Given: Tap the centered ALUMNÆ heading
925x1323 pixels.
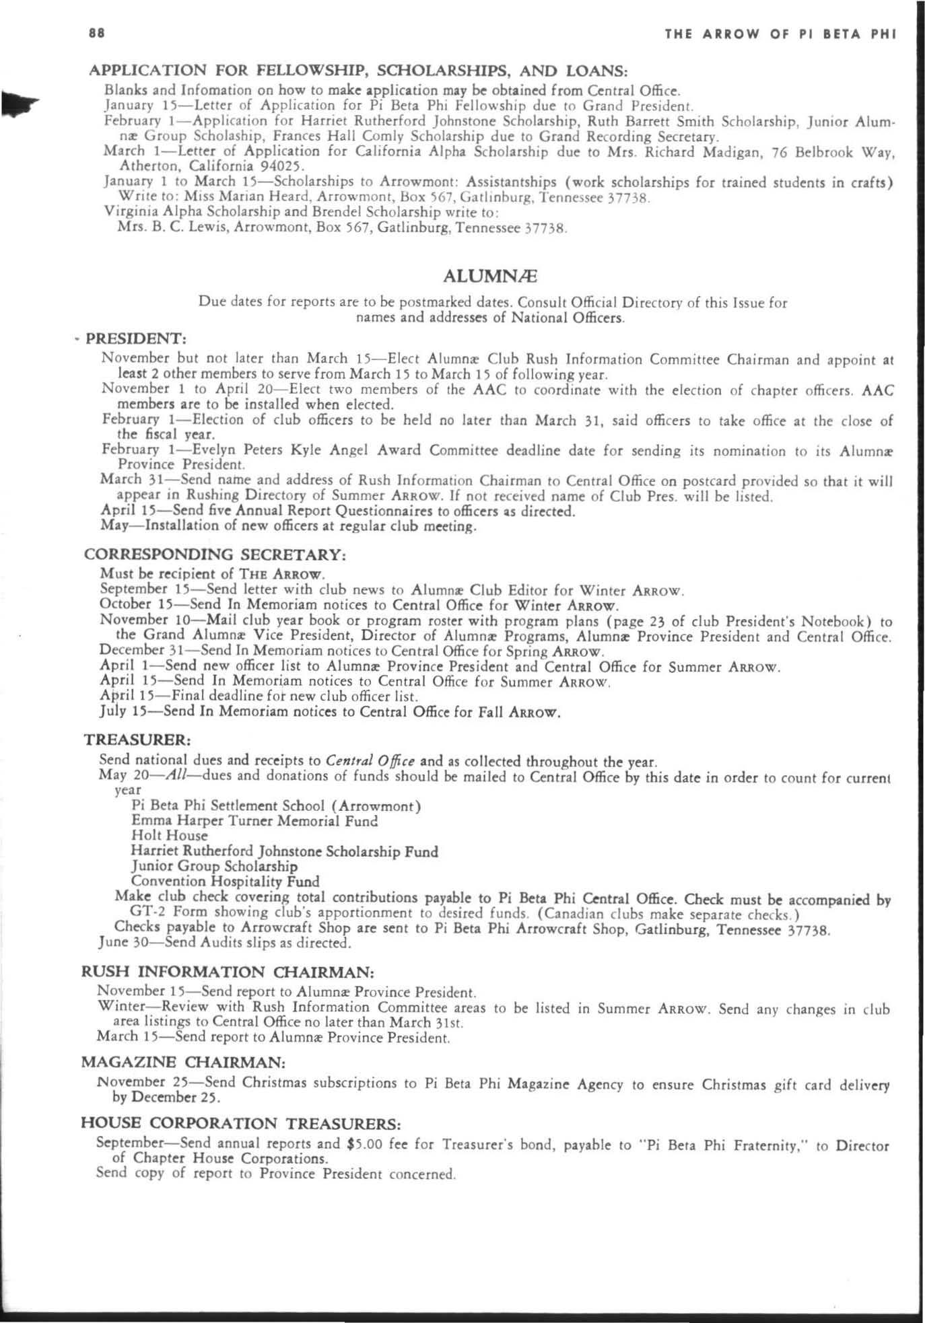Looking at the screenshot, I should coord(491,276).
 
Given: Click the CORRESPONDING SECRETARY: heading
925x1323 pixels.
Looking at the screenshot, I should coord(215,555).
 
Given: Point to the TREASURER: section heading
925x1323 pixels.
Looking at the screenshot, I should coord(137,740).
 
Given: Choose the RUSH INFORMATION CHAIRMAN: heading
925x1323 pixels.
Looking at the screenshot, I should coord(227,972).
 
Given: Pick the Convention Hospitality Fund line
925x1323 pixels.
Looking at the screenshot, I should coord(225,881).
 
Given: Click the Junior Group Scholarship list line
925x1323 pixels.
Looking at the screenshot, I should coord(214,866).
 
